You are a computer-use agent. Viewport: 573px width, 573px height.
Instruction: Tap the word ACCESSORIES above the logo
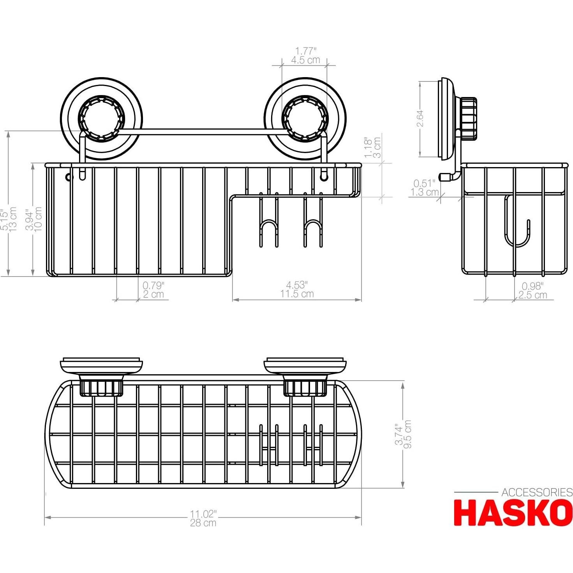click(x=536, y=492)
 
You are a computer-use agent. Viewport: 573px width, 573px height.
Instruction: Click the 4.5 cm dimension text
click(x=305, y=60)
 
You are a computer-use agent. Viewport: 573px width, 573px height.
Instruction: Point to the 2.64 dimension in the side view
click(x=420, y=118)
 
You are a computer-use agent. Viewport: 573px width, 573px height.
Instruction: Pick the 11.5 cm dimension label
click(x=296, y=294)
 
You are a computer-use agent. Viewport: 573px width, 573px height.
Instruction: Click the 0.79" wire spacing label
click(x=153, y=286)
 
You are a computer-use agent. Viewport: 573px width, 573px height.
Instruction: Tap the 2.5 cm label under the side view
click(x=532, y=295)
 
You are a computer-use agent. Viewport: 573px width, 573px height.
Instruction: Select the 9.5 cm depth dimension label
click(x=408, y=434)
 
